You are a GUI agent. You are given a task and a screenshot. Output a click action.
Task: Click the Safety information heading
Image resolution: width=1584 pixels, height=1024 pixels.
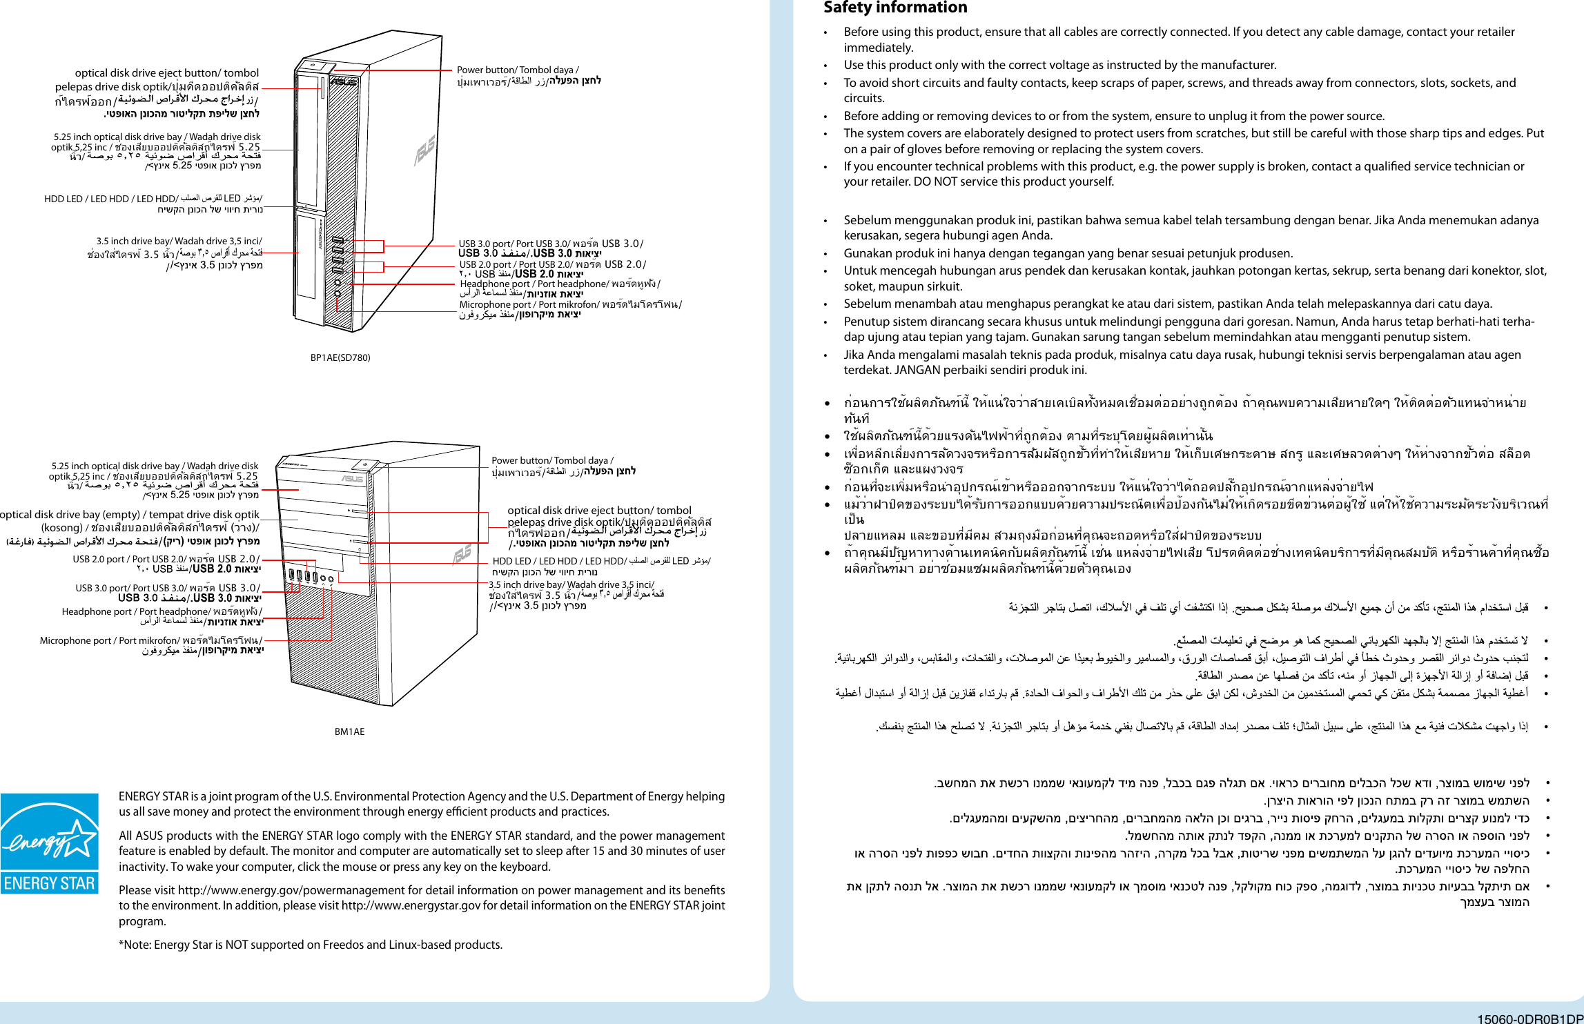(x=894, y=8)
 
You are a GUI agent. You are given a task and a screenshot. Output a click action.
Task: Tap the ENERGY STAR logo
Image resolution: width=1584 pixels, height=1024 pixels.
(x=49, y=843)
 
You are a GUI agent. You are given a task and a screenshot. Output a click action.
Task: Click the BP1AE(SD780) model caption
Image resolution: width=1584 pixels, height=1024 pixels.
(x=340, y=357)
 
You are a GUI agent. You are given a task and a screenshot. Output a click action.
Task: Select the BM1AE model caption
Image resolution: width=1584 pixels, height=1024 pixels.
(x=349, y=731)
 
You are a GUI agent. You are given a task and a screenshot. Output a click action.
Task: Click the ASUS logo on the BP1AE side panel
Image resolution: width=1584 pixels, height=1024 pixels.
(x=425, y=150)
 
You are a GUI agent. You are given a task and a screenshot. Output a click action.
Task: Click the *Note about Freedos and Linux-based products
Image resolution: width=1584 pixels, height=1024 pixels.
(x=311, y=945)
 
